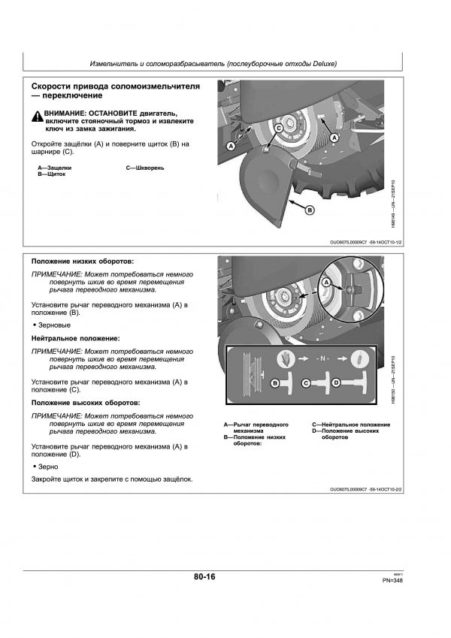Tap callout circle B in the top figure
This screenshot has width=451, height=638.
point(308,212)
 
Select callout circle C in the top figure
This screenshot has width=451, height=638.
point(279,130)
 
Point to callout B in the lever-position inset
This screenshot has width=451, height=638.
point(275,383)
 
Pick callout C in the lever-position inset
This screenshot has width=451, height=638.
point(306,383)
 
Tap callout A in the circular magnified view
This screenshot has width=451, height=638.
point(326,282)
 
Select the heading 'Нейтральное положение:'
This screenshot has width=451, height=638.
point(75,340)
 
